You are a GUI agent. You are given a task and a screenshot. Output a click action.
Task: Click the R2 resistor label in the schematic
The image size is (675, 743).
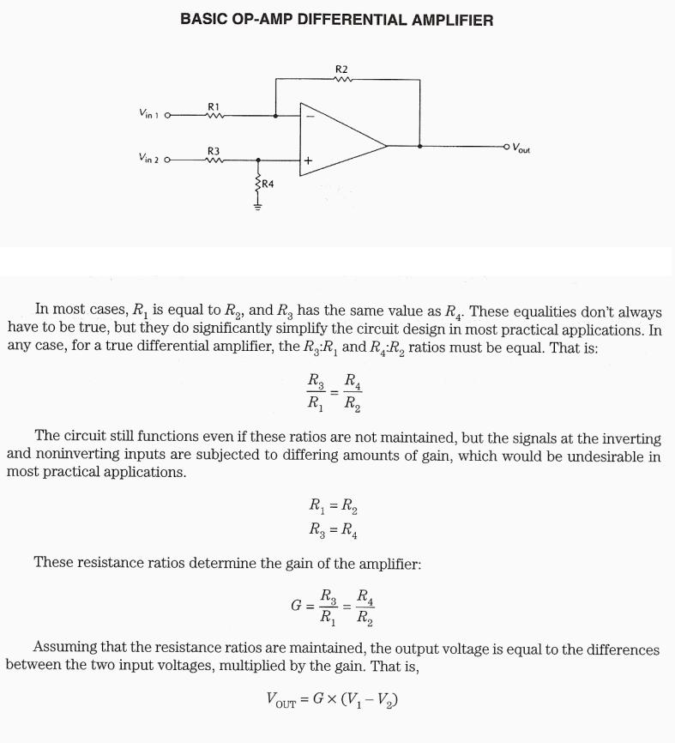coord(342,69)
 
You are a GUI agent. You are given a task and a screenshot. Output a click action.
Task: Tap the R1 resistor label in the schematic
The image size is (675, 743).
coord(214,106)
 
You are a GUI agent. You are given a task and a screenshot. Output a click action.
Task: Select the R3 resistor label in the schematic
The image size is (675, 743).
coord(214,150)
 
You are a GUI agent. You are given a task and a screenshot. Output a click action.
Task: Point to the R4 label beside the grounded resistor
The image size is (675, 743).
coord(268,184)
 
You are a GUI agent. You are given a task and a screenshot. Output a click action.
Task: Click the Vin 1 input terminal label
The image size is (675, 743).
coord(149,114)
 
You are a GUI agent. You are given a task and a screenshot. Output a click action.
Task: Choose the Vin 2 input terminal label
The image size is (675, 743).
coord(149,159)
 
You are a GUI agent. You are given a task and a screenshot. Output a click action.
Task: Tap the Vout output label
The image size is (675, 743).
coord(521,148)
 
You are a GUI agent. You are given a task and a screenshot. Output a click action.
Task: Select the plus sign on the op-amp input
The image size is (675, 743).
coord(309,160)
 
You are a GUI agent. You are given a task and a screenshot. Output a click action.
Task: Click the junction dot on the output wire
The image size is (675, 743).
coord(419,146)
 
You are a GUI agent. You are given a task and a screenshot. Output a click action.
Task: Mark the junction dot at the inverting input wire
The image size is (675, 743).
coord(275,115)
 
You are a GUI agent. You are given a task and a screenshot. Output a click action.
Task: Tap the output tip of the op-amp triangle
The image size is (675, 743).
coord(386,146)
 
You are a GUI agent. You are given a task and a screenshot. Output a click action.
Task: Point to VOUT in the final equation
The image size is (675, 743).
coord(281,702)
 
